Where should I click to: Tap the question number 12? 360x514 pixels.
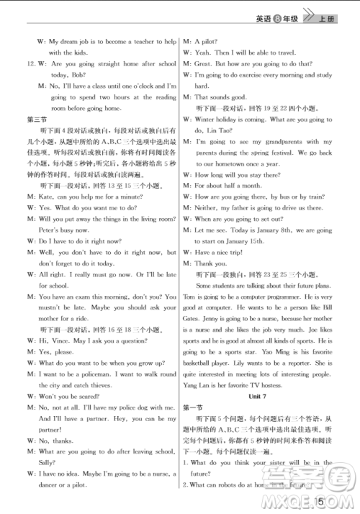coord(30,64)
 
